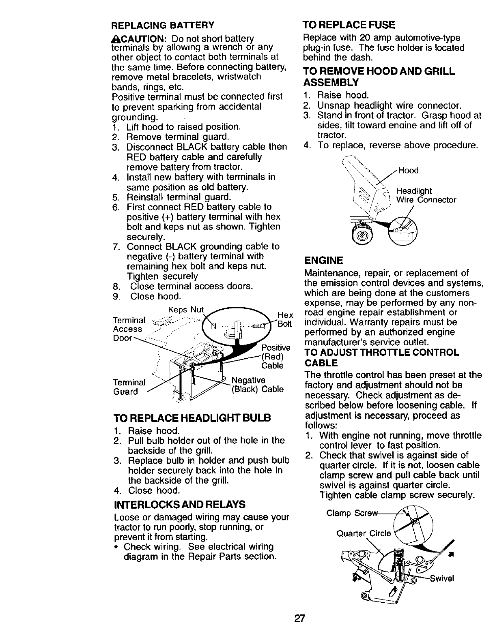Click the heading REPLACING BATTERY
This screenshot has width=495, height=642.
[x=162, y=25]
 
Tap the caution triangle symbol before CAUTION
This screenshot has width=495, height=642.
[x=114, y=39]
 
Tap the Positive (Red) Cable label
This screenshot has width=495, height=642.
[x=275, y=357]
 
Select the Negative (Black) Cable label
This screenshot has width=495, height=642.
[x=257, y=385]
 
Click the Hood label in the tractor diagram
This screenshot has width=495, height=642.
[x=408, y=171]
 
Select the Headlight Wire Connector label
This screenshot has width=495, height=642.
[x=426, y=195]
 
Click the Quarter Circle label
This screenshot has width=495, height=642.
[x=364, y=533]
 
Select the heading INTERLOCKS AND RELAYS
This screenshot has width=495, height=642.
[x=180, y=505]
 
